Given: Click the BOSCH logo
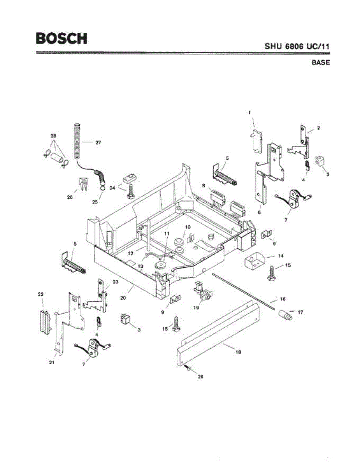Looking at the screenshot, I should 61,38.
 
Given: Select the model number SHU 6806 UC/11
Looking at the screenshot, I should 297,46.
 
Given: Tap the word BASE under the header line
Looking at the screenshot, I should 320,62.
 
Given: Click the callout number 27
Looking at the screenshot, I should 98,143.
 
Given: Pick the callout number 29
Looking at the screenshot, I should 201,377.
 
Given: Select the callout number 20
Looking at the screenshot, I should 123,298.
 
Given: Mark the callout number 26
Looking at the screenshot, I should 70,197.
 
